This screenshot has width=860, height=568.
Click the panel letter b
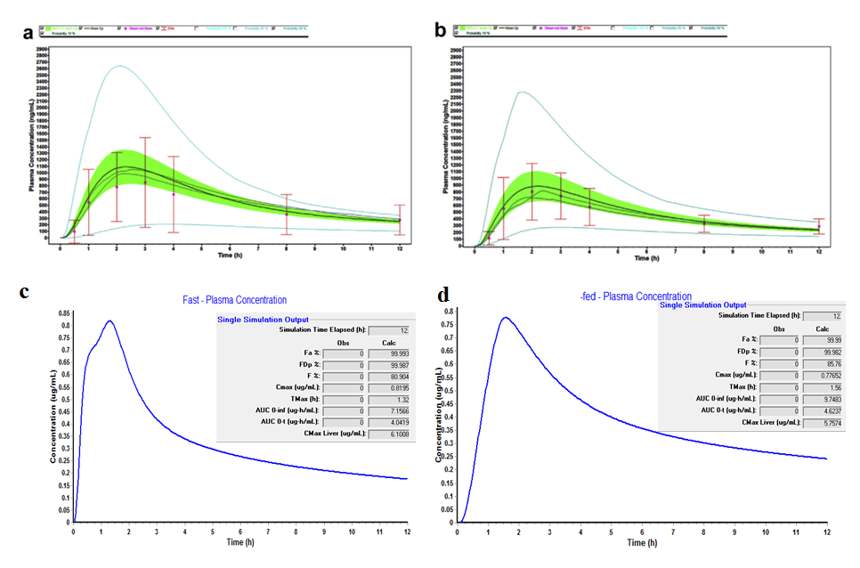[x=439, y=31]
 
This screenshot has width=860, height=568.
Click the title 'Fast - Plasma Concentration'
[x=230, y=300]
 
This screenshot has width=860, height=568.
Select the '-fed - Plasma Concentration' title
[x=634, y=296]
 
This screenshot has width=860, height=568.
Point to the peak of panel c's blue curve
[x=110, y=321]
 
